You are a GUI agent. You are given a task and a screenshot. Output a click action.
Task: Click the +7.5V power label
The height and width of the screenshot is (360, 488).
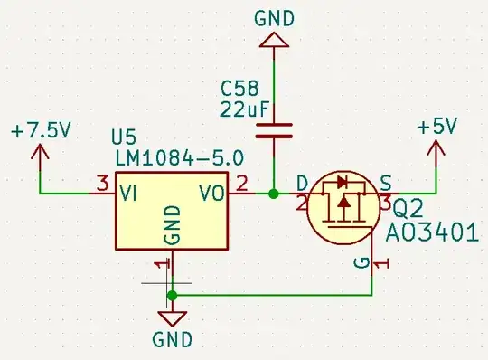pyautogui.click(x=41, y=130)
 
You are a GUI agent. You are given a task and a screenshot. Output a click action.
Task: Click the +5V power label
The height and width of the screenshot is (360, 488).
pyautogui.click(x=436, y=127)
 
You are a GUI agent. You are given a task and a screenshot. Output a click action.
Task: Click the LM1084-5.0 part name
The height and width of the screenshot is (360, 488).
pyautogui.click(x=178, y=157)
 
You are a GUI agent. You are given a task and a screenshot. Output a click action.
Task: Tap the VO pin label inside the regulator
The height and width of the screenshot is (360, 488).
pyautogui.click(x=212, y=192)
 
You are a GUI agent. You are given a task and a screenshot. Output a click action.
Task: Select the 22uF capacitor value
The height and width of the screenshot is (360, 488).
pyautogui.click(x=239, y=109)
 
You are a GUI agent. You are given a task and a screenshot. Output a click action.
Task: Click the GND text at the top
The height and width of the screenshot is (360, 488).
pyautogui.click(x=274, y=16)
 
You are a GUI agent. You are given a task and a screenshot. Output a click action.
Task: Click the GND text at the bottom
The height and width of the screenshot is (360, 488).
pyautogui.click(x=173, y=340)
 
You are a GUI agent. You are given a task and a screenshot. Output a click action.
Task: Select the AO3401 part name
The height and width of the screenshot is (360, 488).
pyautogui.click(x=432, y=232)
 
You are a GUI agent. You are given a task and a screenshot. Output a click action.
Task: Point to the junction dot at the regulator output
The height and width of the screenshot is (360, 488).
pyautogui.click(x=274, y=193)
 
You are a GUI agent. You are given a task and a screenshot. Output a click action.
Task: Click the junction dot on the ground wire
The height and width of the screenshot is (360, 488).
pyautogui.click(x=173, y=295)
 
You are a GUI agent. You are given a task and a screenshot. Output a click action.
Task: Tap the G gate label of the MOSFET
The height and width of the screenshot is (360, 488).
pyautogui.click(x=360, y=263)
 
